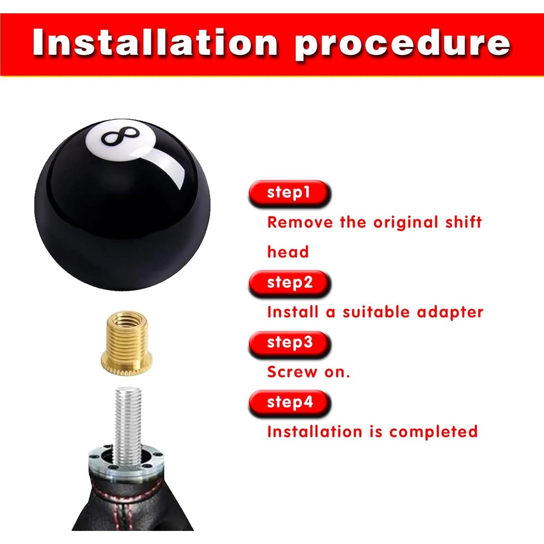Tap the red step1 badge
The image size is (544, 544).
(x=289, y=193)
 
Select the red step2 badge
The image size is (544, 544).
(x=289, y=283)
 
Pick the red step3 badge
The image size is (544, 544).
(x=289, y=342)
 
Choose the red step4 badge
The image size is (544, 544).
(x=289, y=402)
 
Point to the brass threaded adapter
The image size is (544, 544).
(x=125, y=343)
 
